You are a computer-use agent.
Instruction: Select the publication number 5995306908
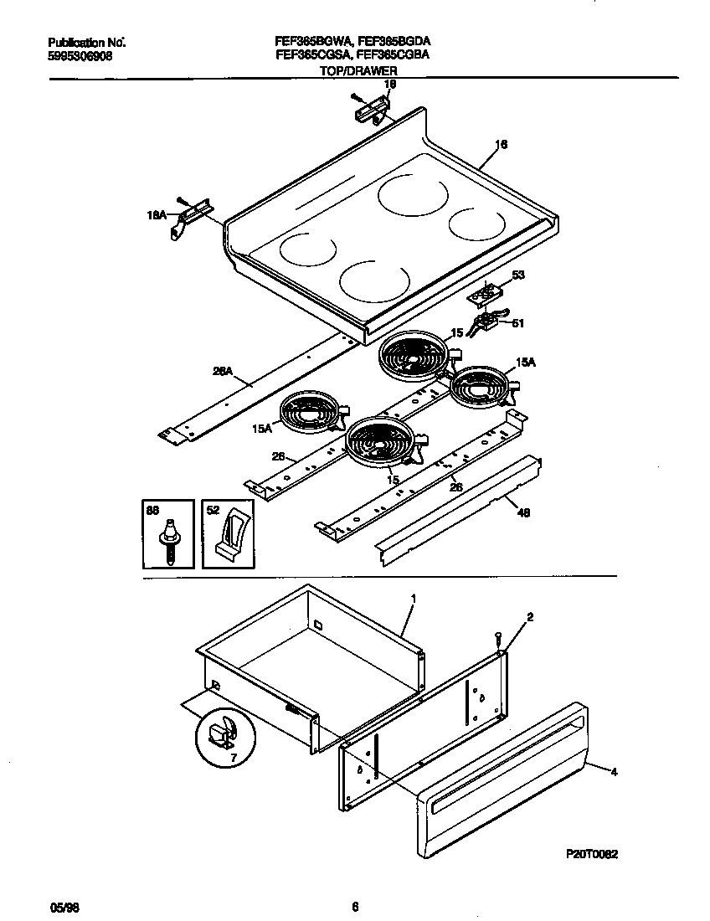point(78,55)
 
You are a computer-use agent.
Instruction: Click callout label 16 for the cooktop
point(501,145)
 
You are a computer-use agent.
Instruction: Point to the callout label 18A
point(157,215)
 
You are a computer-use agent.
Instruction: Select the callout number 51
point(517,323)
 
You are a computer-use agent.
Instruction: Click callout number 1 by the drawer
point(413,599)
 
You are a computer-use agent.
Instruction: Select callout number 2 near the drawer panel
point(529,617)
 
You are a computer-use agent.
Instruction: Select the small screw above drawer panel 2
point(497,639)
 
